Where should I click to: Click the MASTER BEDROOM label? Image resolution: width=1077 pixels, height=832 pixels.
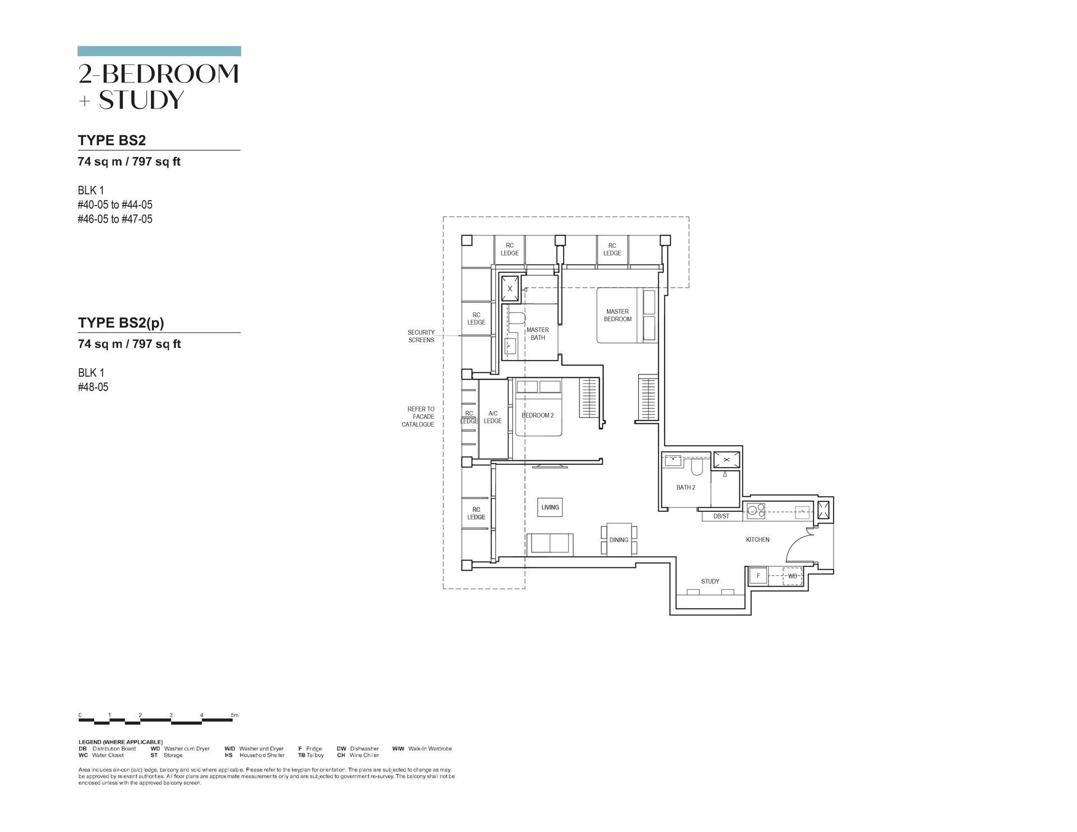618,315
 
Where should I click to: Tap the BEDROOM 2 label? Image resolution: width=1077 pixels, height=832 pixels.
537,415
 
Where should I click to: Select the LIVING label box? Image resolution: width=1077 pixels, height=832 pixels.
550,507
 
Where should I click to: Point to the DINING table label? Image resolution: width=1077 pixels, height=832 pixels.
619,540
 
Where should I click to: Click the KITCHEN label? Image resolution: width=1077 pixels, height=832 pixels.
757,540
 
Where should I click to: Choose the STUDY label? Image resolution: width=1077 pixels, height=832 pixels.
710,581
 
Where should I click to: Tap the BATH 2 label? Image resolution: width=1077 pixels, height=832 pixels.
685,488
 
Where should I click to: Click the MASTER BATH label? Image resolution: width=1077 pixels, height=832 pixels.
537,334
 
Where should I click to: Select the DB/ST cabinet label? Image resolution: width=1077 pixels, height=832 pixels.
721,516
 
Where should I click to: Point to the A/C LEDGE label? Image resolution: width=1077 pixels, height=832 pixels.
493,417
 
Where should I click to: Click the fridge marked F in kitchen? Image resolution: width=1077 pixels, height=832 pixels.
758,576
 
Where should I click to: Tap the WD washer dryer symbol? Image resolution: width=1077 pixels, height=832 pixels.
792,576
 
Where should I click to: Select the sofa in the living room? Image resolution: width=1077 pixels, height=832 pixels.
550,544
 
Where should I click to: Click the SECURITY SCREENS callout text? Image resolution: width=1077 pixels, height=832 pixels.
421,336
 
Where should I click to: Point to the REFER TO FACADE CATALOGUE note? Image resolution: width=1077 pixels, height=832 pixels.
418,417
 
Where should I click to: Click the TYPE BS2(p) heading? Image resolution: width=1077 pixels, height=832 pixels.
121,323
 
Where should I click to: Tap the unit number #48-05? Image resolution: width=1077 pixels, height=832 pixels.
93,387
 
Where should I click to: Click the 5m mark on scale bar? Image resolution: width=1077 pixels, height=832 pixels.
234,715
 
